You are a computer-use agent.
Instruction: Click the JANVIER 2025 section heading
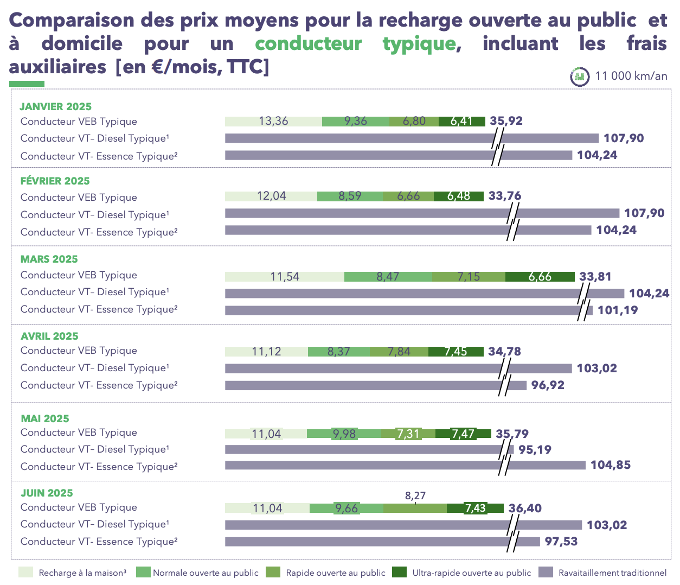55,106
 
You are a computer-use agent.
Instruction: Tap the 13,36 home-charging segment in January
273,121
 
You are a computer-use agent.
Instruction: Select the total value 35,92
506,120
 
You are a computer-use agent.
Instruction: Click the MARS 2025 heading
49,259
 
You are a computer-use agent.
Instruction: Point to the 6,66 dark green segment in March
540,277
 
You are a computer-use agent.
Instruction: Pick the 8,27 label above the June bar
415,495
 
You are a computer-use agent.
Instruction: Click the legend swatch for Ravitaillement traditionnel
546,573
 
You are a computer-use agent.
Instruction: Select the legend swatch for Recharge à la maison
25,573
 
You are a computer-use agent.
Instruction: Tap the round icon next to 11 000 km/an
579,77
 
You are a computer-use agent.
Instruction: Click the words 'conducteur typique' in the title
355,43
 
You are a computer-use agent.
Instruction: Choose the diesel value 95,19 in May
535,449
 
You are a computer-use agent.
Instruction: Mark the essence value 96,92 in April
548,385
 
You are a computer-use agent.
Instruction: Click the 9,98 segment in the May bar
344,434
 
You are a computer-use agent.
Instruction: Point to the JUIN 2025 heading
47,493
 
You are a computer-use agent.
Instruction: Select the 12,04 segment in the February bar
271,196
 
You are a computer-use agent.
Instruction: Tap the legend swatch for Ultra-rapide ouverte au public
399,573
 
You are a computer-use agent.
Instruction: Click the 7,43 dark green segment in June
475,508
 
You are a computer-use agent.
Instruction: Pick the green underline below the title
27,84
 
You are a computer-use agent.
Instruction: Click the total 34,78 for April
504,351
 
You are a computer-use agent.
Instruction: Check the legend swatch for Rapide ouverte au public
273,573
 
